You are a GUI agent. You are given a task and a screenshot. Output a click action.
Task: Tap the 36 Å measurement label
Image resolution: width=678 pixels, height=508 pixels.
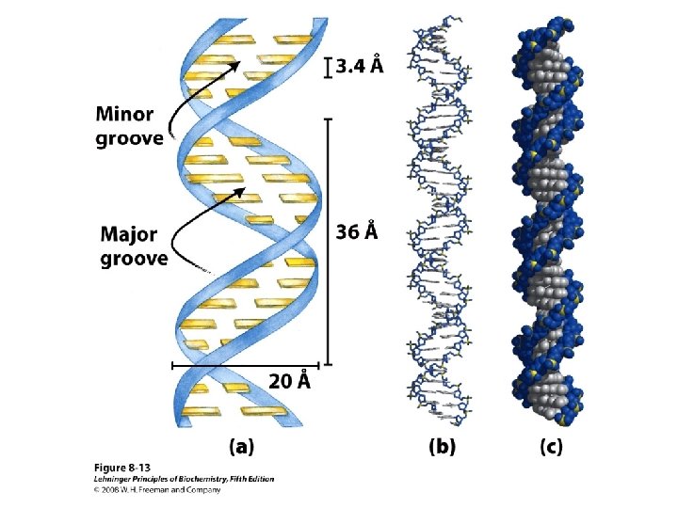357,230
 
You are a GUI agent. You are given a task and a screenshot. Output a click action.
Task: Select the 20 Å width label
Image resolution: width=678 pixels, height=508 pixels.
289,381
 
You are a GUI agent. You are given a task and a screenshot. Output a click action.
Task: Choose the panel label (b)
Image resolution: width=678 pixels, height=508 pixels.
443,446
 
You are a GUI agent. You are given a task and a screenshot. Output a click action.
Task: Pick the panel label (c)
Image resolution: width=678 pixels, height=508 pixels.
551,446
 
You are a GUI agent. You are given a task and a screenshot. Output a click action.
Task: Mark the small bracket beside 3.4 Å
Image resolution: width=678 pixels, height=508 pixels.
329,67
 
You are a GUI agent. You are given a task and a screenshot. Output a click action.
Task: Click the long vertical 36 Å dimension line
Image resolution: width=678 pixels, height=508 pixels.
327,240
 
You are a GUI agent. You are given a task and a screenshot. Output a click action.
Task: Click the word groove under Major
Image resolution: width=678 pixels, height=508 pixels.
135,257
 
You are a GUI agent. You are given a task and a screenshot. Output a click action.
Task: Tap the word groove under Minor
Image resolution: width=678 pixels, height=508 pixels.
129,139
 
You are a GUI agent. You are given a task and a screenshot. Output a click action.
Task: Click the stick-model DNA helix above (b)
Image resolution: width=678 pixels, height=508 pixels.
441,226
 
